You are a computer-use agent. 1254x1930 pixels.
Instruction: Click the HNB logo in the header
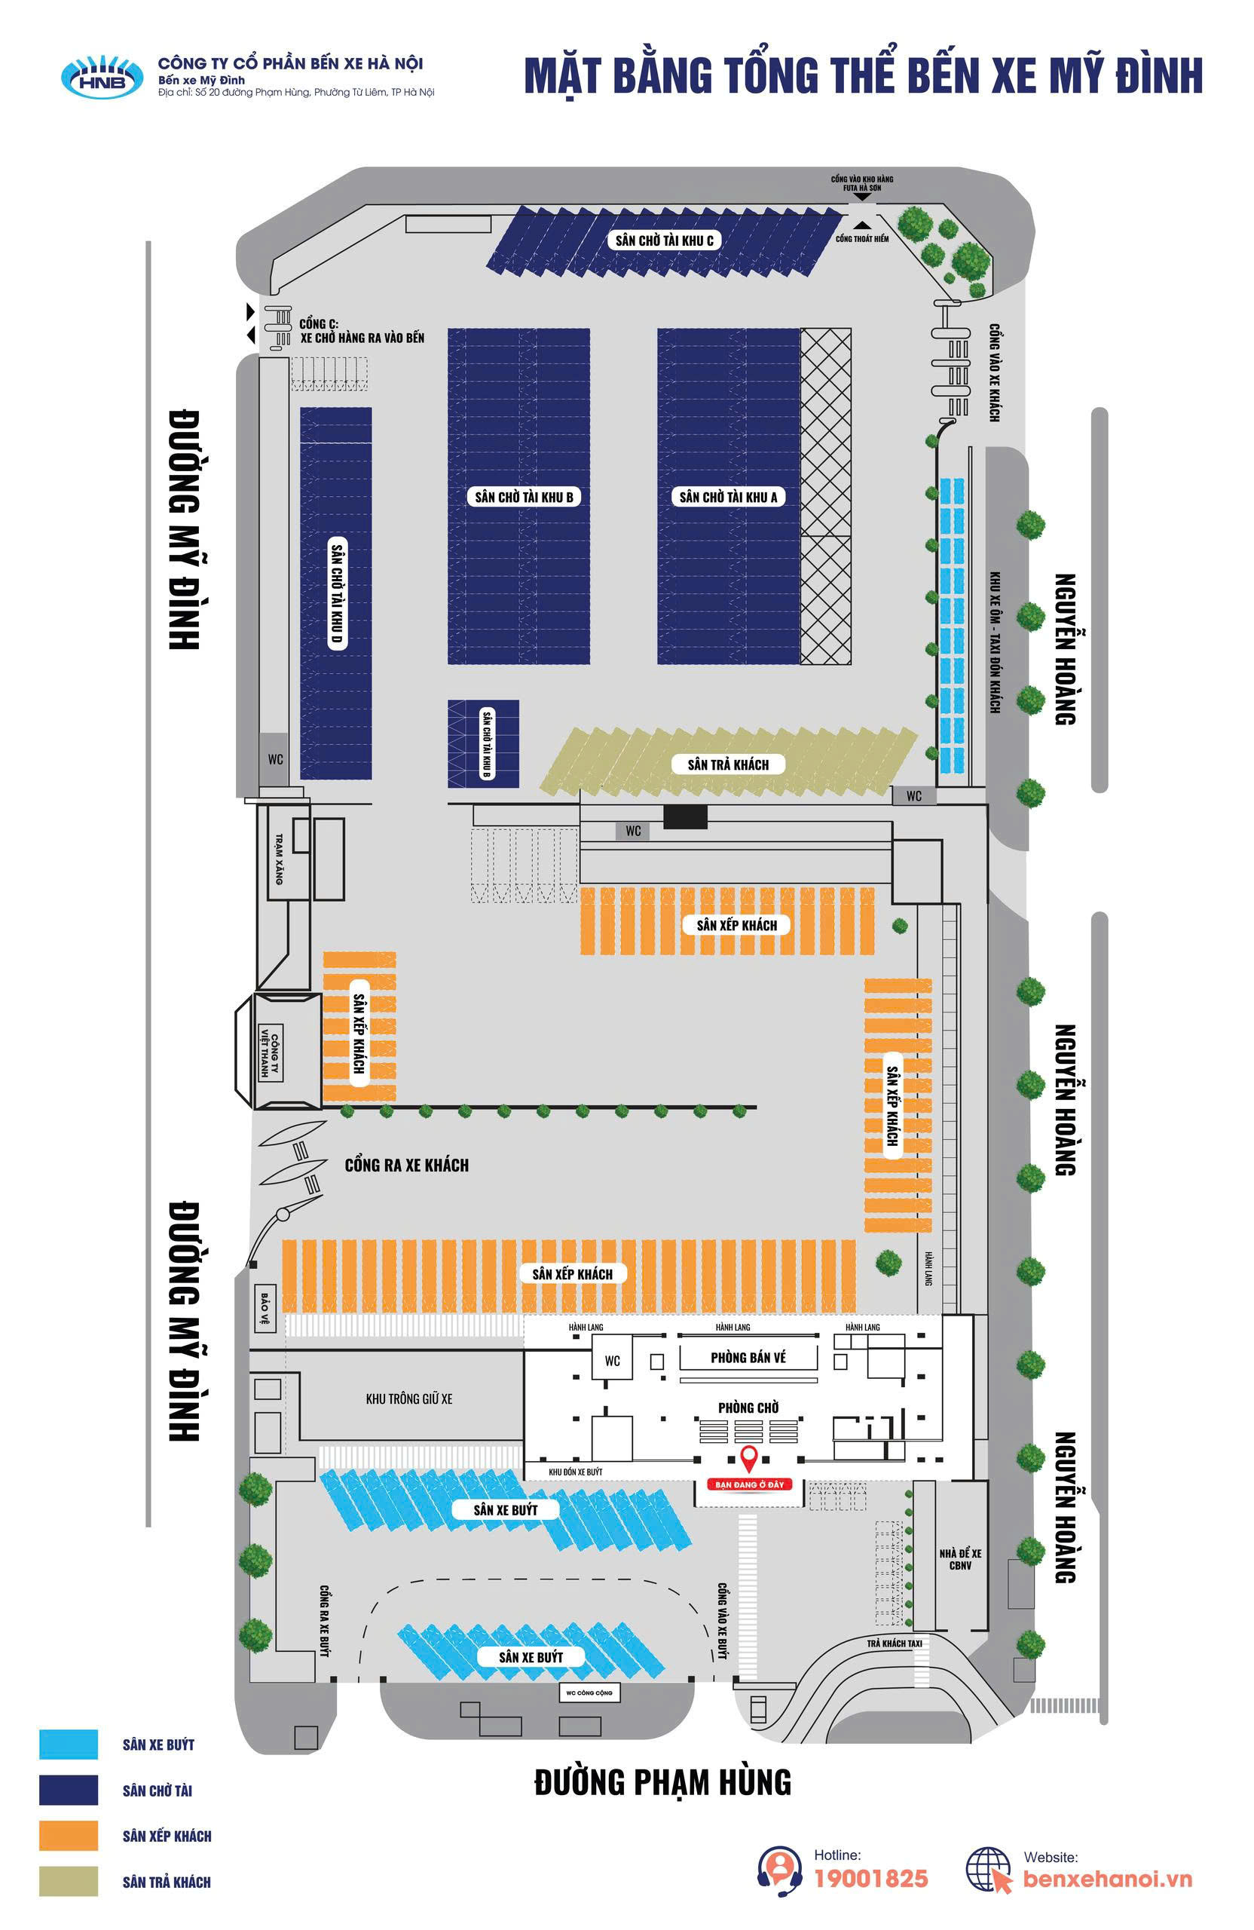102,77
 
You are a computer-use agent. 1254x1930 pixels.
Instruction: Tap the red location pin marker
749,1459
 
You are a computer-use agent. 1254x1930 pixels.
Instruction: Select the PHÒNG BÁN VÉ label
748,1358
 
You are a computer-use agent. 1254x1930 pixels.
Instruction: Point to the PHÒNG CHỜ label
748,1408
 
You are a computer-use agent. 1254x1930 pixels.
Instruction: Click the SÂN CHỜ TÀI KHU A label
728,497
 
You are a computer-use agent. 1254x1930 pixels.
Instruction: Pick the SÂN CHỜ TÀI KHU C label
664,240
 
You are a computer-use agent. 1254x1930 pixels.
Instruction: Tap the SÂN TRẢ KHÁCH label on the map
728,764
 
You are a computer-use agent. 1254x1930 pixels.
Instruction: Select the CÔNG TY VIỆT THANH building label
269,1052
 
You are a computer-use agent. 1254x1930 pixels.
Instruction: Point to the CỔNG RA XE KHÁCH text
406,1166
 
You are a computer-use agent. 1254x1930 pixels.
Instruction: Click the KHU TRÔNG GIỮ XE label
408,1398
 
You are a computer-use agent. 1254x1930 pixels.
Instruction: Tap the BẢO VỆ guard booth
265,1308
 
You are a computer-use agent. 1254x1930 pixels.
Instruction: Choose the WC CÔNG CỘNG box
589,1693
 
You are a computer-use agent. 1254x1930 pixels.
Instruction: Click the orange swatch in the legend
68,1836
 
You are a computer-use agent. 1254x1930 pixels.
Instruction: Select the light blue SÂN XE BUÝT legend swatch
68,1745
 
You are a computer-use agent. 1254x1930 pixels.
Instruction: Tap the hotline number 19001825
870,1878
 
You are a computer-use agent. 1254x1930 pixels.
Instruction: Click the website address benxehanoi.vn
1107,1879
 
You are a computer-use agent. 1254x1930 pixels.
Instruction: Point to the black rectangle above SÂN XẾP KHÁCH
685,816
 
